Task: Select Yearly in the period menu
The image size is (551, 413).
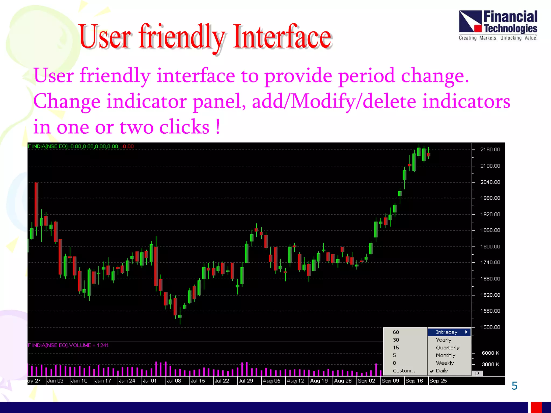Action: (x=443, y=340)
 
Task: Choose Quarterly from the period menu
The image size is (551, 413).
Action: (x=447, y=348)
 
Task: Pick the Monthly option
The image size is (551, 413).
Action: (x=446, y=355)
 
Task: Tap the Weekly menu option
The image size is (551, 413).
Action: (x=445, y=363)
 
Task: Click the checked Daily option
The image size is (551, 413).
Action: (x=441, y=371)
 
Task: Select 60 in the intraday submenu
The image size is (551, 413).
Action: (x=396, y=332)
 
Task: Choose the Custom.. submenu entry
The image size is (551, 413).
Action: (x=404, y=371)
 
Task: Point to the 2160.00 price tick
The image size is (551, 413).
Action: (x=490, y=149)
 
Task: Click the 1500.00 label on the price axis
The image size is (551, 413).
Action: (x=490, y=327)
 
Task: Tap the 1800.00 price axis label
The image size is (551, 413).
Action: (x=490, y=247)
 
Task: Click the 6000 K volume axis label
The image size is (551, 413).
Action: (x=490, y=353)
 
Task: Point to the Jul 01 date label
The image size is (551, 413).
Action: (x=150, y=381)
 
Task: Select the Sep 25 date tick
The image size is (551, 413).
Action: (x=438, y=381)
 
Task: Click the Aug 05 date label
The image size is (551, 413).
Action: (x=271, y=381)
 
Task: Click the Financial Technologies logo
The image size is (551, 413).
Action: (x=498, y=25)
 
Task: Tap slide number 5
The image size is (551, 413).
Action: (x=514, y=386)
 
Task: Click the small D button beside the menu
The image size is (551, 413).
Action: (x=477, y=373)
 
